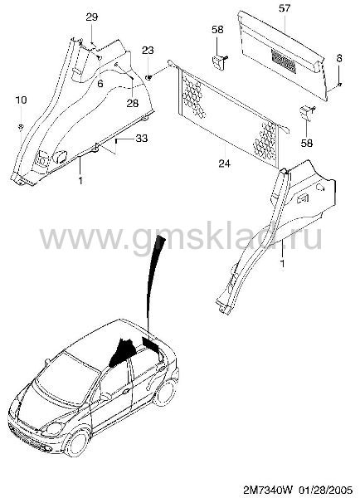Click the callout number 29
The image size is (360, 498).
(x=92, y=17)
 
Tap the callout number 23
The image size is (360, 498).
(x=148, y=50)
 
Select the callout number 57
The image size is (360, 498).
(x=285, y=8)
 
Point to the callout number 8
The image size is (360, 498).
(x=339, y=58)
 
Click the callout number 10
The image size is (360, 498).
(x=21, y=100)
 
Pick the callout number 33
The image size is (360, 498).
(x=142, y=139)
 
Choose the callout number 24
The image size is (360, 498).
(x=224, y=164)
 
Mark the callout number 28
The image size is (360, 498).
(x=133, y=103)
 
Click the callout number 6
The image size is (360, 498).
(x=100, y=84)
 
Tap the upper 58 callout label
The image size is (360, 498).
(x=217, y=30)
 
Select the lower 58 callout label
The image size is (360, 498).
(x=307, y=143)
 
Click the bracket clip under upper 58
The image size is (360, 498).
(x=219, y=61)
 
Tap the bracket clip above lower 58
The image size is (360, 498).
(x=307, y=113)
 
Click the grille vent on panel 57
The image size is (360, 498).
(x=284, y=61)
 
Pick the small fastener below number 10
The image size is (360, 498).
(x=21, y=127)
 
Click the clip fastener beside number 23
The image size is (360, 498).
(x=148, y=77)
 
